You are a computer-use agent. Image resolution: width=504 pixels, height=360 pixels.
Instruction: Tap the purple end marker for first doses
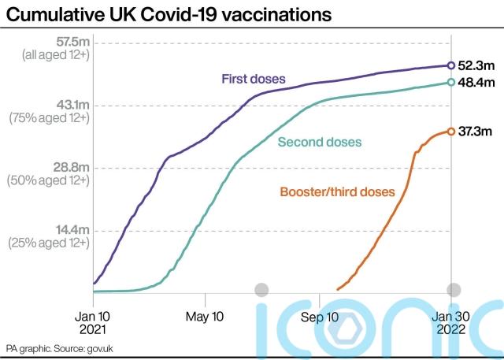click(x=450, y=66)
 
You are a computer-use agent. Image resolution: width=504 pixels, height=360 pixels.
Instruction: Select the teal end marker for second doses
click(x=450, y=82)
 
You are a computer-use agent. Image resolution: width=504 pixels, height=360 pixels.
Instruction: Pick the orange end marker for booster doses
click(x=450, y=132)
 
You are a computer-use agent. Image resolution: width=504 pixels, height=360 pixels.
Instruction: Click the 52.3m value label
click(x=476, y=66)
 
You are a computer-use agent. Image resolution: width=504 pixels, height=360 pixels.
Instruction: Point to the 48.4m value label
click(x=476, y=82)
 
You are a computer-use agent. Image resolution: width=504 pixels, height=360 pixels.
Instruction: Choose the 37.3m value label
click(x=476, y=132)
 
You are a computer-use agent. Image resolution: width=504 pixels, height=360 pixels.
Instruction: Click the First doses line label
click(x=253, y=79)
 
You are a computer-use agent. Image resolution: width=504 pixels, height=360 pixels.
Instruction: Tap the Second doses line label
click(x=320, y=143)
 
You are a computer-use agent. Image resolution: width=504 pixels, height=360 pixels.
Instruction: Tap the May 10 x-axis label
click(x=205, y=317)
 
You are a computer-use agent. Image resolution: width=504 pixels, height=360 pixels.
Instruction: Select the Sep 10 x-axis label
click(x=319, y=317)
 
